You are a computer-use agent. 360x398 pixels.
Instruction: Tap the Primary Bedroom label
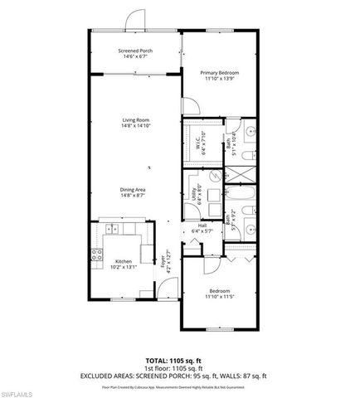[x=219, y=72]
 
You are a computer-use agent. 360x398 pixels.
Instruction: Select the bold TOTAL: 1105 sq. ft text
[x=180, y=361]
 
